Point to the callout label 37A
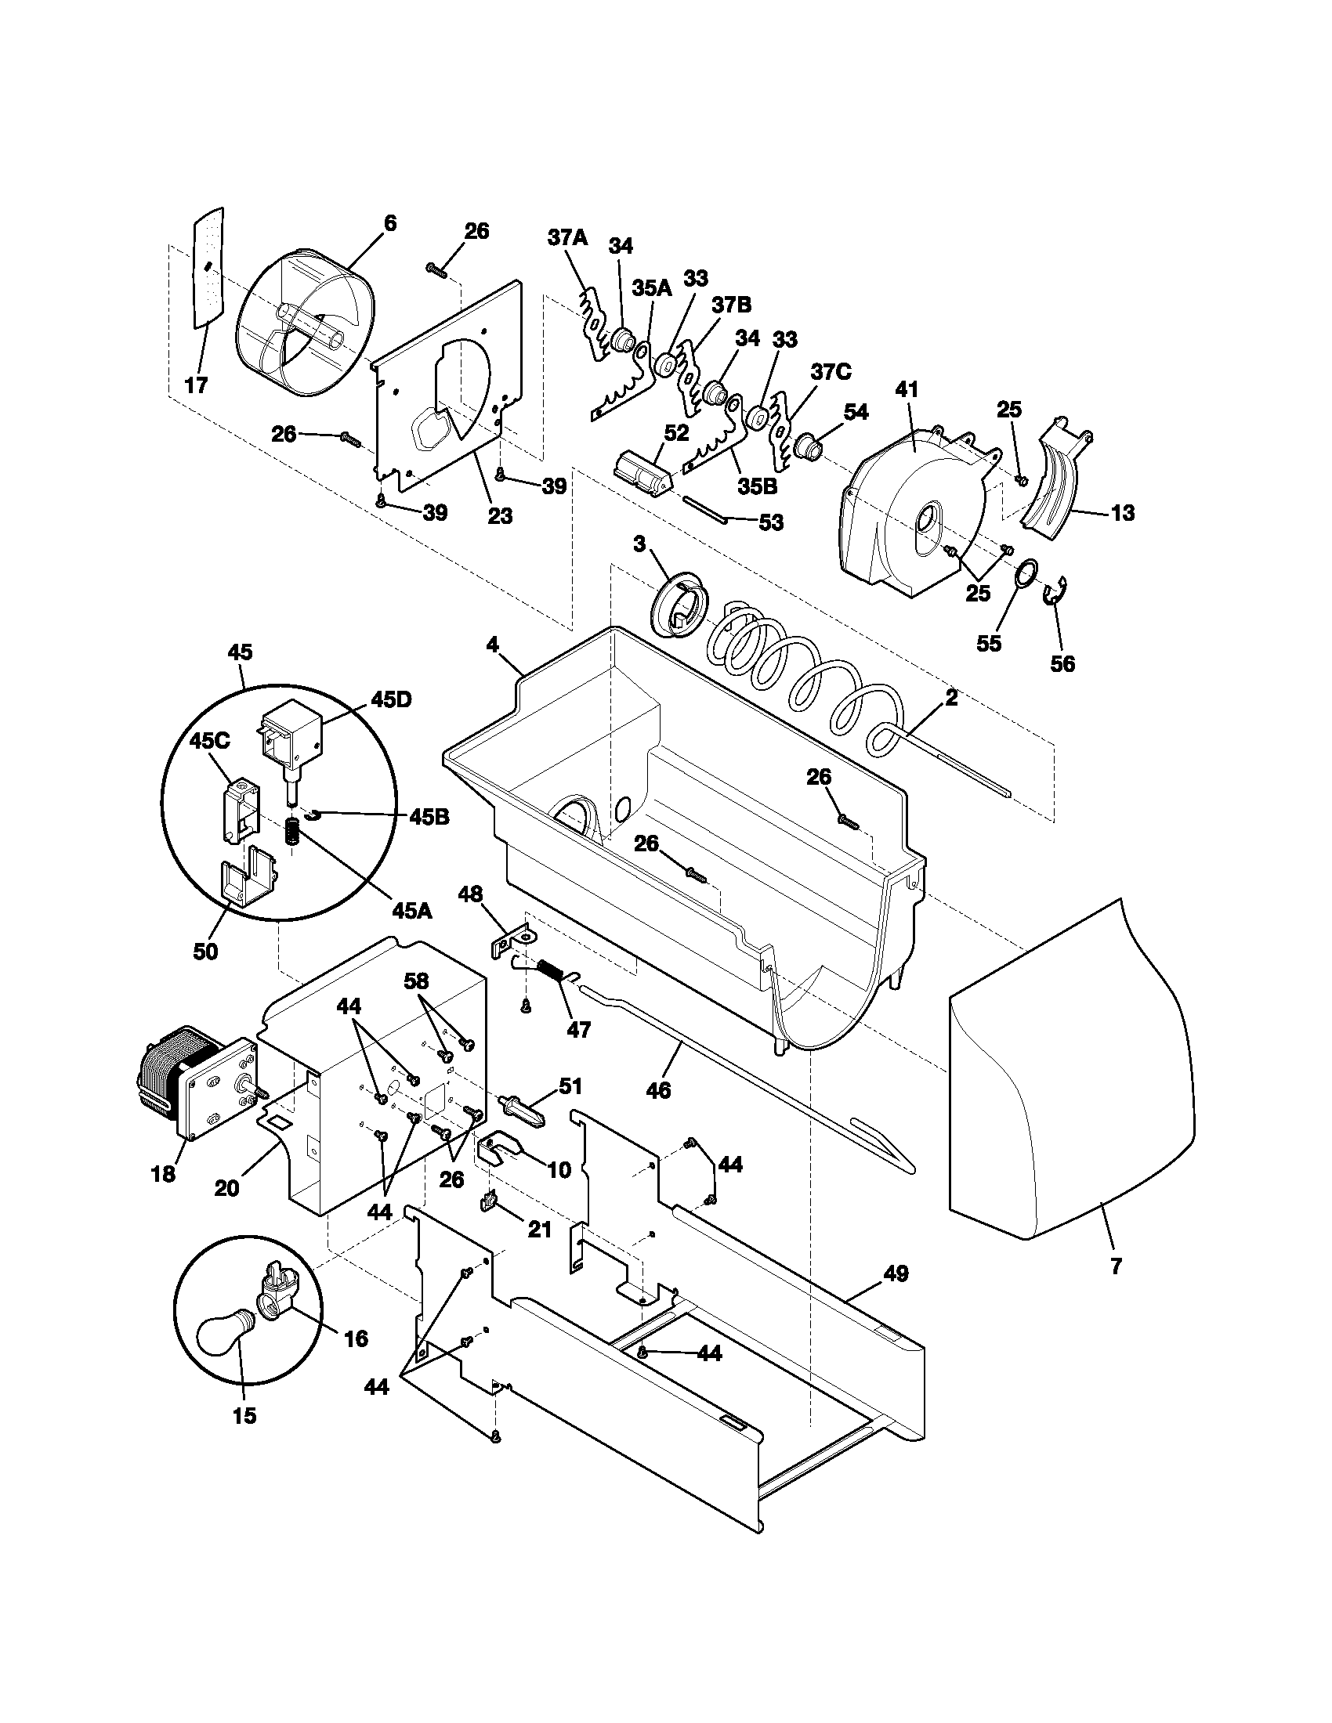click(x=568, y=237)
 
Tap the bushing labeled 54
click(x=809, y=447)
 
